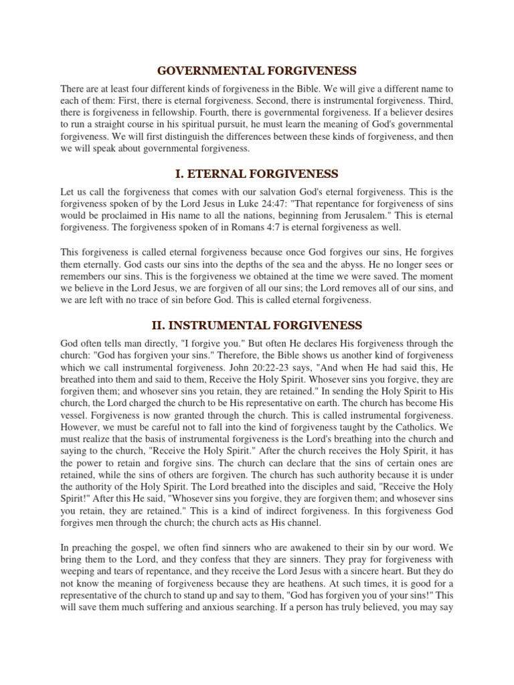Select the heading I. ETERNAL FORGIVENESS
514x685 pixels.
256,174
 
